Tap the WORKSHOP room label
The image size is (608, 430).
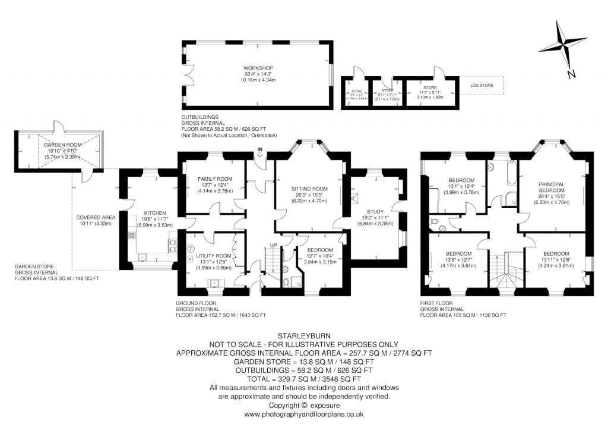coord(258,68)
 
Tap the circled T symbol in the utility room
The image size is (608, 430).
coord(191,249)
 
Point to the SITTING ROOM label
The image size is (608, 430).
coord(309,189)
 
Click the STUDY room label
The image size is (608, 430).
coord(375,211)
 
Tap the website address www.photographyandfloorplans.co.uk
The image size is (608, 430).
coord(304,414)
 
